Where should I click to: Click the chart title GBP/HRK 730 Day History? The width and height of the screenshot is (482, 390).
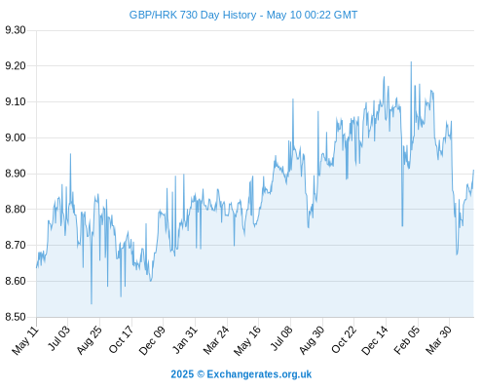(193, 15)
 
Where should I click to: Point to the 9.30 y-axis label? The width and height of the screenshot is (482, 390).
(16, 30)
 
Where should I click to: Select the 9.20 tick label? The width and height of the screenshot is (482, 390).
(16, 66)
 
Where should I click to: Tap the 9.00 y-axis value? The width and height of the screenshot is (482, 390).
(16, 137)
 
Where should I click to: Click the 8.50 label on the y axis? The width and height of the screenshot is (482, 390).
(16, 317)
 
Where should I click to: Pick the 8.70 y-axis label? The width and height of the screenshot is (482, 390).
(16, 245)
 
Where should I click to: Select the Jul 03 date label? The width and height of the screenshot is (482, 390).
(59, 338)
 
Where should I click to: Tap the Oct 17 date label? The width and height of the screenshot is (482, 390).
(121, 339)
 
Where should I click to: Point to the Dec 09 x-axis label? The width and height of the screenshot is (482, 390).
(152, 340)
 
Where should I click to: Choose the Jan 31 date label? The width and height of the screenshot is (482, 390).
(185, 339)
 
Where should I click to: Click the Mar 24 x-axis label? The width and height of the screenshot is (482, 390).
(216, 340)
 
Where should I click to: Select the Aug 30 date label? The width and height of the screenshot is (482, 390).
(312, 340)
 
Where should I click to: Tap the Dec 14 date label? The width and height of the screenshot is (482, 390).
(375, 340)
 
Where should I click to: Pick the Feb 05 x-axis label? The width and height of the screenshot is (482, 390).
(407, 340)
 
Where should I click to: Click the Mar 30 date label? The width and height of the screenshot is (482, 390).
(438, 340)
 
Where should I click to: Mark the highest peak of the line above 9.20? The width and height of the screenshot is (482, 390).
(411, 61)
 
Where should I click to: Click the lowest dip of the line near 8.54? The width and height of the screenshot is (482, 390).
(92, 304)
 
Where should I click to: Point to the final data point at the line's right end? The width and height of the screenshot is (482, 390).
(473, 170)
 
